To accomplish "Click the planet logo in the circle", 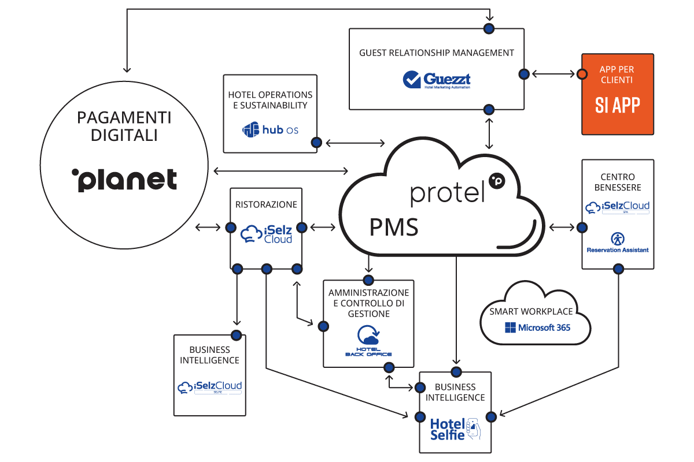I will click(x=124, y=180).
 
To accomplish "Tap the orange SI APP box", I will click(x=618, y=94).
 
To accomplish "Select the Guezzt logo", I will click(x=437, y=80).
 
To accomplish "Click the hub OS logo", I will click(x=270, y=130).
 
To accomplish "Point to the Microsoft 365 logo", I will click(x=537, y=327).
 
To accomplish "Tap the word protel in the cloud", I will click(x=447, y=193).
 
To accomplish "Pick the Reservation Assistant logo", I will click(x=618, y=243).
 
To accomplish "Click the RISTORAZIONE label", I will click(x=266, y=204).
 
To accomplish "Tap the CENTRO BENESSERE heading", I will click(x=618, y=182).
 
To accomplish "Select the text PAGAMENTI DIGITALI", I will click(x=124, y=126).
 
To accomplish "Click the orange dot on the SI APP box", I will click(x=581, y=74).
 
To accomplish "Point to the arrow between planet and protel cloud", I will click(x=280, y=170).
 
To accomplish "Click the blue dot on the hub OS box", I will click(x=316, y=142).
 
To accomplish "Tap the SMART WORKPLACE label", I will click(x=531, y=312).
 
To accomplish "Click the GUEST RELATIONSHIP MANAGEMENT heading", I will click(x=437, y=53).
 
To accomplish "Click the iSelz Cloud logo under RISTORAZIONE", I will click(x=266, y=234).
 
